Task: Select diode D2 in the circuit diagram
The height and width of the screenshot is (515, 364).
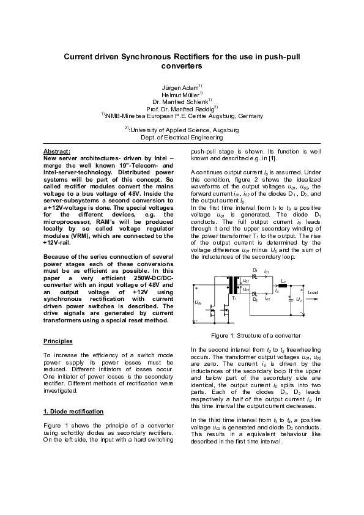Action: [x=255, y=294]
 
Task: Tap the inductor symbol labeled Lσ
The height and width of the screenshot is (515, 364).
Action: [x=283, y=285]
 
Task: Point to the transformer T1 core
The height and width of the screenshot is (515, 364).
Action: [x=233, y=286]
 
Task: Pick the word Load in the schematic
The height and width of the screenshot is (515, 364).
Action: [x=313, y=293]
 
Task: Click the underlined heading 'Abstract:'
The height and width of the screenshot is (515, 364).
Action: [x=57, y=151]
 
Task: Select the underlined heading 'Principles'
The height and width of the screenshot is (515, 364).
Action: [x=59, y=340]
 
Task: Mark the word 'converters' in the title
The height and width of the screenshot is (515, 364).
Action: [x=182, y=65]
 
